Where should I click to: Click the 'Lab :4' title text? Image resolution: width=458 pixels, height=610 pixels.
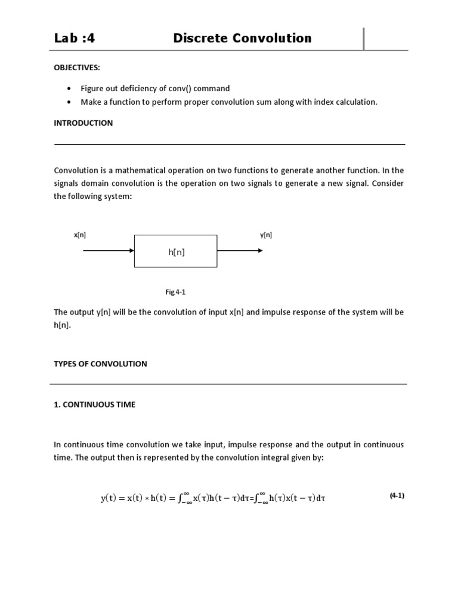coord(75,39)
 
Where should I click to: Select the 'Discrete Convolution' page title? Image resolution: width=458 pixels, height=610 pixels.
coord(242,39)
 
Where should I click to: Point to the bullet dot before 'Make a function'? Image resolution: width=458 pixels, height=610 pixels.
coord(69,102)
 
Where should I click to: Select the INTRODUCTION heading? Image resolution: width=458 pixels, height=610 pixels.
coord(83,123)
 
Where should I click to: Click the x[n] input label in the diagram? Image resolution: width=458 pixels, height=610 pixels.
coord(80,235)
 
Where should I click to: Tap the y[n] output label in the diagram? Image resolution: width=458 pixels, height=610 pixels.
coord(266,235)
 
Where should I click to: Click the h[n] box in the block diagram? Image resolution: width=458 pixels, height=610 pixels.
coord(176,251)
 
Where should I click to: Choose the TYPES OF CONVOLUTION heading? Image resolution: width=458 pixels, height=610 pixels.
coord(100,363)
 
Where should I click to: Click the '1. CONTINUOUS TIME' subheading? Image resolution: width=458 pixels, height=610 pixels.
coord(95,404)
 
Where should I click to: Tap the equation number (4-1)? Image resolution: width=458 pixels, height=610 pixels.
coord(397,495)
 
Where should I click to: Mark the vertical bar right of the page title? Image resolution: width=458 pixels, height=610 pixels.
coord(364,39)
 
